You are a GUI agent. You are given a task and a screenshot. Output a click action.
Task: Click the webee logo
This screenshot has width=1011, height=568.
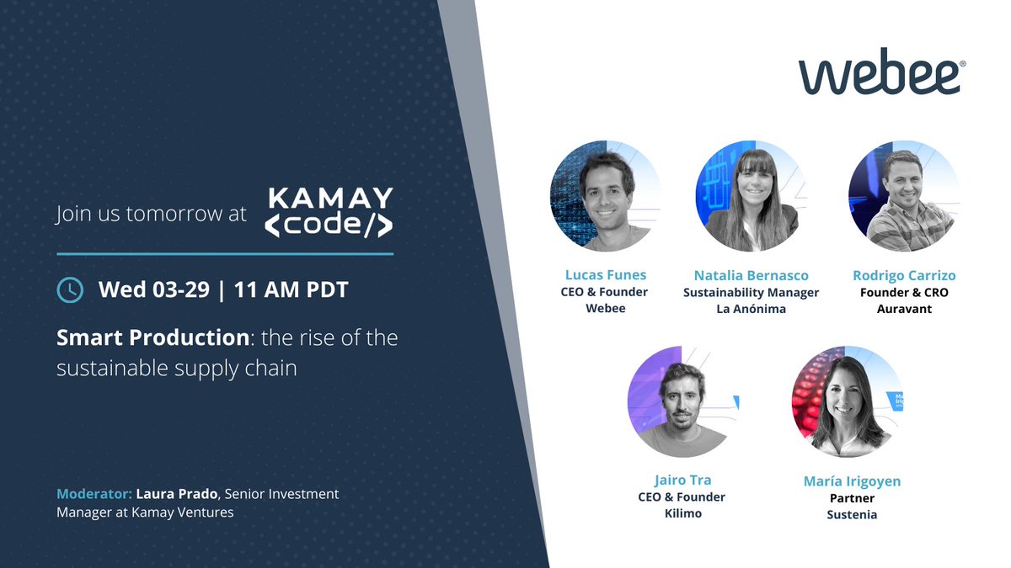880,74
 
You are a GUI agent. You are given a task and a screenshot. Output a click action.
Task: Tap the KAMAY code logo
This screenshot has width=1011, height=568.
329,213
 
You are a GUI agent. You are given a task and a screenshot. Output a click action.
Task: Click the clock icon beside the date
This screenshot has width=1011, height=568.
69,289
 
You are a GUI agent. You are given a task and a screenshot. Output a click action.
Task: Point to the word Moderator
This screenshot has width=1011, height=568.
93,494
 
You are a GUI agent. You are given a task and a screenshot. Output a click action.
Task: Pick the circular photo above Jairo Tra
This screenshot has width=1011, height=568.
682,401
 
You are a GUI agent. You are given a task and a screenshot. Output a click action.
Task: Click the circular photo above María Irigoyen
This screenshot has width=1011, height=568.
847,401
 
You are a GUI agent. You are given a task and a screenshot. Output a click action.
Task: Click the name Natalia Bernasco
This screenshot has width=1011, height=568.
751,275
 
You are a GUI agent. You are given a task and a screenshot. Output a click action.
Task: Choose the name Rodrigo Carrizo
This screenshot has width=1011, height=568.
903,275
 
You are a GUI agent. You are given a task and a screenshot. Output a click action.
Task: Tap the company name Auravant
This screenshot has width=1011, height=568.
903,309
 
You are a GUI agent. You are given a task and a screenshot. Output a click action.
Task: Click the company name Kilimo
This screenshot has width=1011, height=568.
682,513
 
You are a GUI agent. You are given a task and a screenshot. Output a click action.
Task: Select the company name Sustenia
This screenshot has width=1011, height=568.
852,514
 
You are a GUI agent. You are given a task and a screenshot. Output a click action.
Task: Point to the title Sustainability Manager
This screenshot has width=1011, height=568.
751,292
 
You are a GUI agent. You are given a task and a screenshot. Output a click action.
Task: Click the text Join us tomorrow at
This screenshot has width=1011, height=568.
152,214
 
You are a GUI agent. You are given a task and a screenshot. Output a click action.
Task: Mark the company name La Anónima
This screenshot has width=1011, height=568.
751,309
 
